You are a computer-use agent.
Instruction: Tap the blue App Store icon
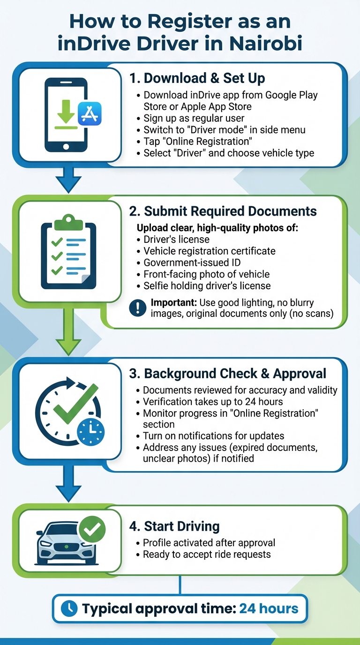point(89,113)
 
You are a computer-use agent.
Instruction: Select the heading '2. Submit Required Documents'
point(223,211)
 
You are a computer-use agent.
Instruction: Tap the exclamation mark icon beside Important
point(138,307)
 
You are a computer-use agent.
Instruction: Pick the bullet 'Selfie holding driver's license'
point(207,286)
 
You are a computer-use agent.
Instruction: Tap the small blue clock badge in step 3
point(90,431)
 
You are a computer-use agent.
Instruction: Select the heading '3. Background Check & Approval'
point(227,374)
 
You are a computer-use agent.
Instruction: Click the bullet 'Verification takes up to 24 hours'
point(212,401)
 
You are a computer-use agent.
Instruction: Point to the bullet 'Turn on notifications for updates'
point(213,436)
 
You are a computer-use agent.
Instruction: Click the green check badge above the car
point(92,529)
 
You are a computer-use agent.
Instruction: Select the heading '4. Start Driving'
point(174,526)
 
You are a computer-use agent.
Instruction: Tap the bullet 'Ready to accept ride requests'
point(207,555)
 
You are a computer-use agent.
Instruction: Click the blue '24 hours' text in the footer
point(269,608)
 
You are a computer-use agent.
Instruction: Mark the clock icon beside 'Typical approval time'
point(69,608)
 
